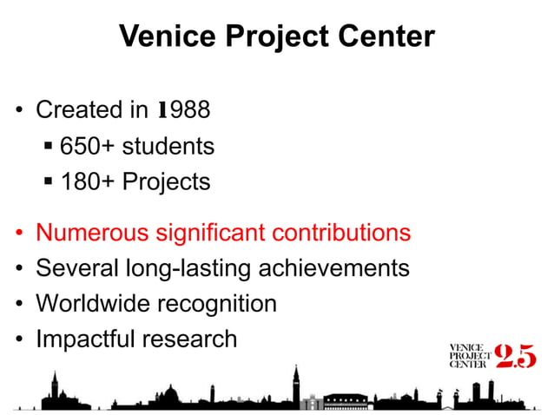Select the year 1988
pyautogui.click(x=183, y=111)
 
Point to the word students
pyautogui.click(x=168, y=147)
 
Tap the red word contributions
pyautogui.click(x=342, y=234)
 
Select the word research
pyautogui.click(x=193, y=339)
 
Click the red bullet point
pyautogui.click(x=19, y=234)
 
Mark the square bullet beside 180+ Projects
pyautogui.click(x=50, y=182)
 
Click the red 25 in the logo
pyautogui.click(x=515, y=357)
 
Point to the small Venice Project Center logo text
pyautogui.click(x=469, y=357)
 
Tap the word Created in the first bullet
pyautogui.click(x=79, y=111)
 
